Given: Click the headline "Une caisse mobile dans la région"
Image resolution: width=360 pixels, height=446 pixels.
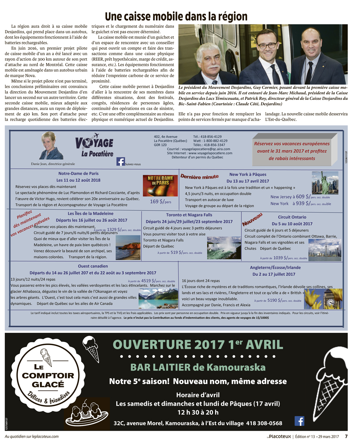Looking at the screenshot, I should point(176,17).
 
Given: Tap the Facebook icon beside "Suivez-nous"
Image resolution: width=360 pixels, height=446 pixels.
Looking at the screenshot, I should point(121,161).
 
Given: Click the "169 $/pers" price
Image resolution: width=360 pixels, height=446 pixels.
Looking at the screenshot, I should point(161,202).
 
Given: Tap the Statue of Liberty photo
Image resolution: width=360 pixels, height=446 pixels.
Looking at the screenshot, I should point(325,183).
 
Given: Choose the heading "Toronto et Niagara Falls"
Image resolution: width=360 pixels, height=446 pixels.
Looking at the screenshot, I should point(189,215).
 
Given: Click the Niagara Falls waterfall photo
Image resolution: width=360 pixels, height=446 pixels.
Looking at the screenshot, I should point(224,247).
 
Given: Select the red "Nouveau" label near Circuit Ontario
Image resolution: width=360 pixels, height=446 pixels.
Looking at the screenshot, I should point(252,219).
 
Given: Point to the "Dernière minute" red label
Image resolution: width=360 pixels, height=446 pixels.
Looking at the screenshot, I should point(199,177).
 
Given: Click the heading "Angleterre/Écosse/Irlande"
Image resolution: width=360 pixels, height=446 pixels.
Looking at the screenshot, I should point(275,268).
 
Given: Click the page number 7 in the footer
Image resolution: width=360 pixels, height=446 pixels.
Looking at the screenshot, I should point(346,436).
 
